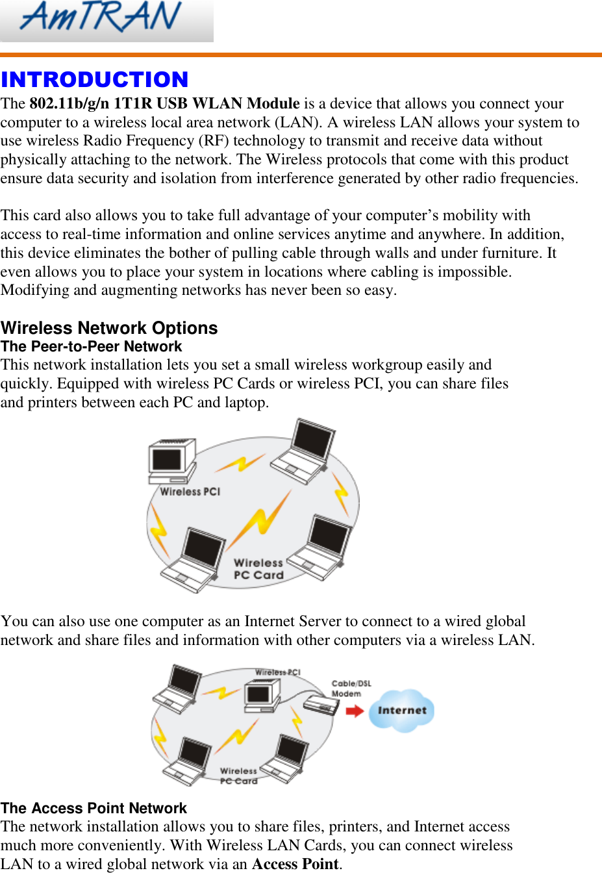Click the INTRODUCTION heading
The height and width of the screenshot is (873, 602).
point(95,80)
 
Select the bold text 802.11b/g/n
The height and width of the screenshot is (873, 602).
point(69,104)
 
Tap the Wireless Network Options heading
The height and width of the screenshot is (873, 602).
point(109,328)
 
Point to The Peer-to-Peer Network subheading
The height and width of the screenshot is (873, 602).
point(92,347)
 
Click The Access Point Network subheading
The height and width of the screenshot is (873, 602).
point(94,809)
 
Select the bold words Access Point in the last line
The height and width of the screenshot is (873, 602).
point(295,864)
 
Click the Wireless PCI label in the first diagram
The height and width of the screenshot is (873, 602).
point(190,492)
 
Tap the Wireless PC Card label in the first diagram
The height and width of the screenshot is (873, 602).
point(258,569)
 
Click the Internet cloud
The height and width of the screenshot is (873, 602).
point(402,711)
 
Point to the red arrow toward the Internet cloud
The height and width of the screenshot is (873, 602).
point(355,711)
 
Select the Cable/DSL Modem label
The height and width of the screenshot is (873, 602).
point(351,689)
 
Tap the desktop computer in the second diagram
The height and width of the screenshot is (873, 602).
point(261,695)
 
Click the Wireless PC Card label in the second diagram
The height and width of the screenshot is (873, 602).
point(238,776)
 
